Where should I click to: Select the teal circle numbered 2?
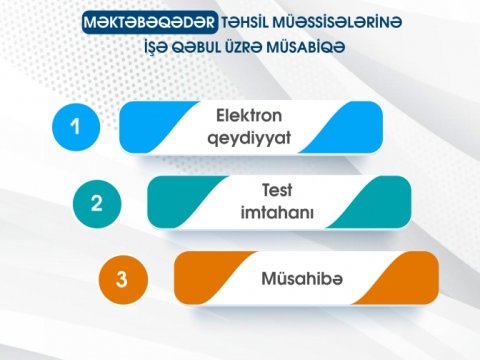tap(96, 203)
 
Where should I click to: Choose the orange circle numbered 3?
tap(123, 279)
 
